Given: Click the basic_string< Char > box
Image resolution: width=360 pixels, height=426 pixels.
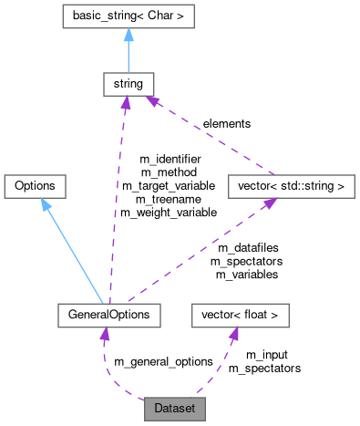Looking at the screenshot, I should (x=128, y=16).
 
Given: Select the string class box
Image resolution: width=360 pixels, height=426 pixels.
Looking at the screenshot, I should (x=127, y=85).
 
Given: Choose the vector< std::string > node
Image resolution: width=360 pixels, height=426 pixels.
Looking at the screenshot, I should (x=289, y=185).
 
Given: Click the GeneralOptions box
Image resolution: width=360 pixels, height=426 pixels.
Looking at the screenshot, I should (x=108, y=315).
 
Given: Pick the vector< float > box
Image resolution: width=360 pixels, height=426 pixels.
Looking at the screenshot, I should (x=240, y=315).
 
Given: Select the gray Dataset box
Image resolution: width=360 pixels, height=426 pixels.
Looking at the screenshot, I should (x=174, y=408).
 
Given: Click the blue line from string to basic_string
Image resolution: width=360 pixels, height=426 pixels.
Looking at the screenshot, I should (x=128, y=55).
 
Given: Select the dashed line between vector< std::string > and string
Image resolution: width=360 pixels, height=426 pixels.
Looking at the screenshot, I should (x=210, y=137).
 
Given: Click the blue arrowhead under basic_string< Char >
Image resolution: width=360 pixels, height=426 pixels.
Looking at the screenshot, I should (x=128, y=35).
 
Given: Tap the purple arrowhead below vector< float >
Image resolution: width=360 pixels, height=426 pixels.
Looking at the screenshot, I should (x=234, y=334).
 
